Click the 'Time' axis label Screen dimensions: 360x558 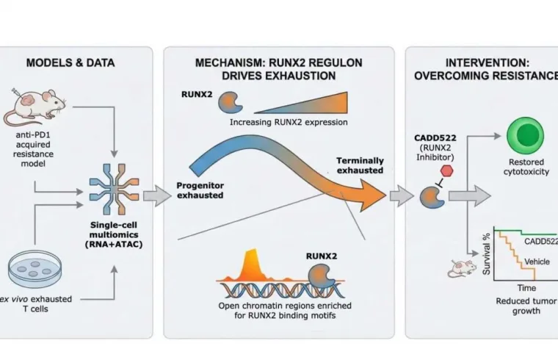[526, 289]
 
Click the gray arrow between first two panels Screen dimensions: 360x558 [156, 195]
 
